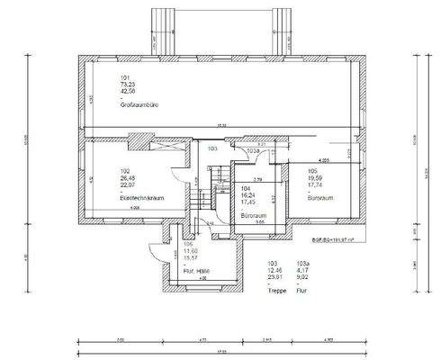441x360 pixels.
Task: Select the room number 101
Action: tap(125, 77)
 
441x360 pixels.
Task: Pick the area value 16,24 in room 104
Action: tap(248, 194)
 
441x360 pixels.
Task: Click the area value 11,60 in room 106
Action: tap(190, 249)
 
